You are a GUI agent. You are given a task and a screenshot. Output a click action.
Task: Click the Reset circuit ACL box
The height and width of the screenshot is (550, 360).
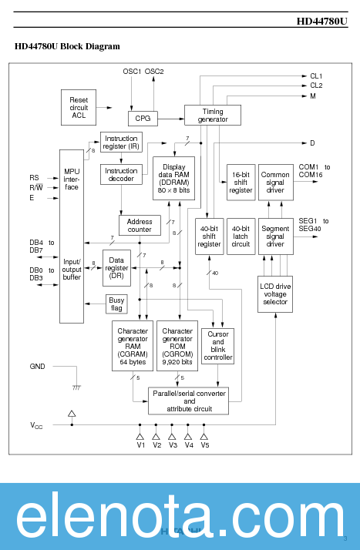coord(79,107)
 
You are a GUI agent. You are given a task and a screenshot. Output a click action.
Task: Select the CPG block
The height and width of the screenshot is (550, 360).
coord(143,119)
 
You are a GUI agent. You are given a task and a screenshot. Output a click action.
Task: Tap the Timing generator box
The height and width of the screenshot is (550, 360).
coord(212,115)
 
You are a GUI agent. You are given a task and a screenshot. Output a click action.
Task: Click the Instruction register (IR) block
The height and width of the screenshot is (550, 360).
coord(121,142)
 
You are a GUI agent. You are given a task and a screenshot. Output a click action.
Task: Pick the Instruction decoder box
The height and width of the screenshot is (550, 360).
coord(121,175)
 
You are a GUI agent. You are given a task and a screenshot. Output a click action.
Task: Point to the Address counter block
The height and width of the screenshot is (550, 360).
coord(140,225)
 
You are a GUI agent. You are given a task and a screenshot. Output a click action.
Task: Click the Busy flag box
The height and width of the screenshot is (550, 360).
coord(116,304)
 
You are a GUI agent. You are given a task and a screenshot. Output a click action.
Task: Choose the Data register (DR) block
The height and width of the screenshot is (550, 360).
coord(117,267)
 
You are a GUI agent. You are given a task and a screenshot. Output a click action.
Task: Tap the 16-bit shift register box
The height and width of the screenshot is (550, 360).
coord(241,183)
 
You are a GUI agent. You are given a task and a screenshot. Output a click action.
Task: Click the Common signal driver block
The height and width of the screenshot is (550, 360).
coord(275,183)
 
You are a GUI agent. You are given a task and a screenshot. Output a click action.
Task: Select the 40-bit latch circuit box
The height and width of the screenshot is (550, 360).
coord(241,236)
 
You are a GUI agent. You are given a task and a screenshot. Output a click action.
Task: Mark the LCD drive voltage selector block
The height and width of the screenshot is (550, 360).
coord(275,293)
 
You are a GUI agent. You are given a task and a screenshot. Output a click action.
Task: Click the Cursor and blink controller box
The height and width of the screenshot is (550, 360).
coord(217,346)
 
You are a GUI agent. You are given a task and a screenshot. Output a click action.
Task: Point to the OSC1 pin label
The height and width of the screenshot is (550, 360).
coord(132,71)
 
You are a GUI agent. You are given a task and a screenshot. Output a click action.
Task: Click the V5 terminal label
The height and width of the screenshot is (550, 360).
coord(204,445)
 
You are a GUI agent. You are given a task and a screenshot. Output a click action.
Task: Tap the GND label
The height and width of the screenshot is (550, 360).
coord(37,366)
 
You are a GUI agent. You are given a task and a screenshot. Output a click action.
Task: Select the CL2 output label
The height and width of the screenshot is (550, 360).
coord(316,86)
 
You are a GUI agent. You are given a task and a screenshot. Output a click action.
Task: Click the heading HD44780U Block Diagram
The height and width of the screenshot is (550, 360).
coord(67,46)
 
